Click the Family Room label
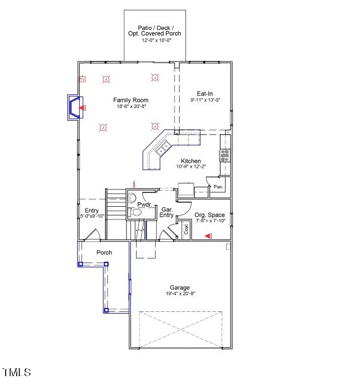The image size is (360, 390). click(130, 100)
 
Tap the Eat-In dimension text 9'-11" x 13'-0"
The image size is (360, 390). click(205, 100)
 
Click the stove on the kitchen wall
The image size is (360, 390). click(224, 155)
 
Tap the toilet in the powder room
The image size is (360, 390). click(136, 213)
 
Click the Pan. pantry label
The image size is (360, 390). click(218, 187)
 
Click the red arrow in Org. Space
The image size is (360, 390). click(208, 235)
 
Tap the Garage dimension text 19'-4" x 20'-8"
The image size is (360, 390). click(179, 294)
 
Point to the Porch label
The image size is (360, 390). click(104, 253)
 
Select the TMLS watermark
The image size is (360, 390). click(17, 373)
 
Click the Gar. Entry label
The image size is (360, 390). click(167, 213)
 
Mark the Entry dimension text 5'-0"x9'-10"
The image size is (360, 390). click(92, 217)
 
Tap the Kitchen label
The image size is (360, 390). click(191, 161)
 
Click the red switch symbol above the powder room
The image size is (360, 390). click(134, 184)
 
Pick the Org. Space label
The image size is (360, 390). click(210, 215)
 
